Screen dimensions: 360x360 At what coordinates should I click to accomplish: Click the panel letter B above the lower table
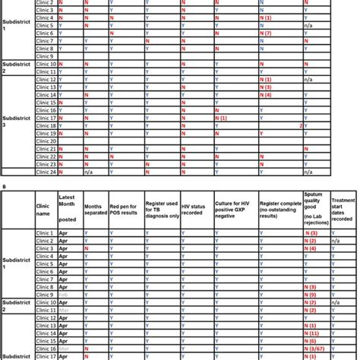coord(4,183)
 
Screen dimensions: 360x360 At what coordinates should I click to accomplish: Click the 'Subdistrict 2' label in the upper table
coord(15,68)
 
